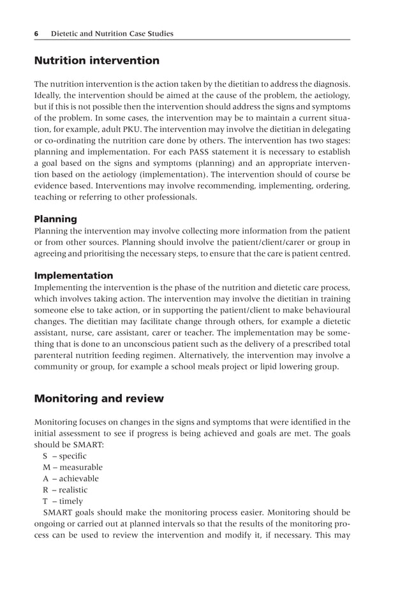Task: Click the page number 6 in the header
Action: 37,34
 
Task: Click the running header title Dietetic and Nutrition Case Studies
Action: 112,34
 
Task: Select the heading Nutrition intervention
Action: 96,61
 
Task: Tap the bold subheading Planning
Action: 56,219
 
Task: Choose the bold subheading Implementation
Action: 73,276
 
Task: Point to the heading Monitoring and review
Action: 98,399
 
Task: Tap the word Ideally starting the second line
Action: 48,96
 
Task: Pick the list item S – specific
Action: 64,455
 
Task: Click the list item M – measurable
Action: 72,467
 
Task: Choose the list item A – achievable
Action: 71,478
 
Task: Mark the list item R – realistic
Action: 65,490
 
